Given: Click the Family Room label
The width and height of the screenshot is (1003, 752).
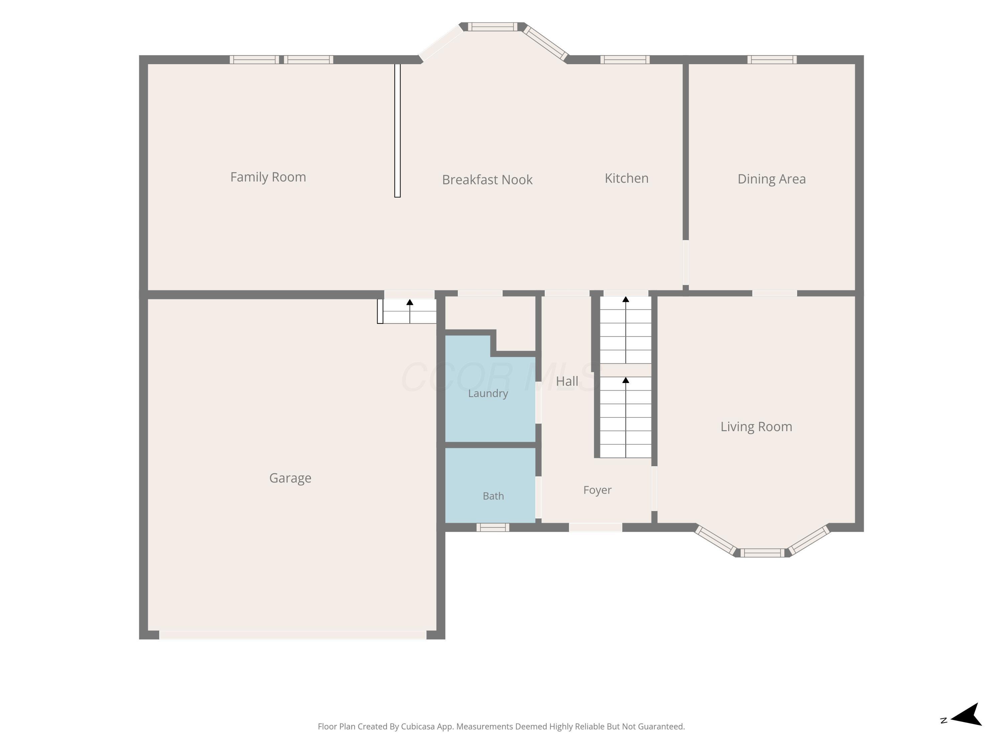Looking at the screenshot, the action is click(268, 177).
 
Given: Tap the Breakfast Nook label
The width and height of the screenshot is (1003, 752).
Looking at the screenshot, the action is click(487, 179).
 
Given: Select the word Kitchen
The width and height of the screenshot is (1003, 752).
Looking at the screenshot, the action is click(627, 178).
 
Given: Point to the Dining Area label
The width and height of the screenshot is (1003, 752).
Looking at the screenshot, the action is click(771, 179).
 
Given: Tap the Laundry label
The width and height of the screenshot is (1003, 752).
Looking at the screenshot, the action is click(488, 393).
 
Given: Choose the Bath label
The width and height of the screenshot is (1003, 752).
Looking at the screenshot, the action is click(493, 496).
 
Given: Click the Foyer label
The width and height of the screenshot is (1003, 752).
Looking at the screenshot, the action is click(597, 490).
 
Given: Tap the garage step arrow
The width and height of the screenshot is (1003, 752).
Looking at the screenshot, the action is click(410, 311).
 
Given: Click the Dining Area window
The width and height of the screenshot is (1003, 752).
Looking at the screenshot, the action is click(772, 59).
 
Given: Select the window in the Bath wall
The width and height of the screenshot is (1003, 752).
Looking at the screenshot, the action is click(492, 527).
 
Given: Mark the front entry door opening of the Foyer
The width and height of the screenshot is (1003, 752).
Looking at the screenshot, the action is click(595, 527).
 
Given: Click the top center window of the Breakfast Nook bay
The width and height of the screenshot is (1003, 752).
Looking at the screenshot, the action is click(492, 27).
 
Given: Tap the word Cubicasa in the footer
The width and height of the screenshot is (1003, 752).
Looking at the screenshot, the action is click(418, 727).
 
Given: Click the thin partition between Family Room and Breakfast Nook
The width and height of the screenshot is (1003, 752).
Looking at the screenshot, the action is click(397, 131).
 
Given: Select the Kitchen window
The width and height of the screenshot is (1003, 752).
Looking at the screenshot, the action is click(625, 59).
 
